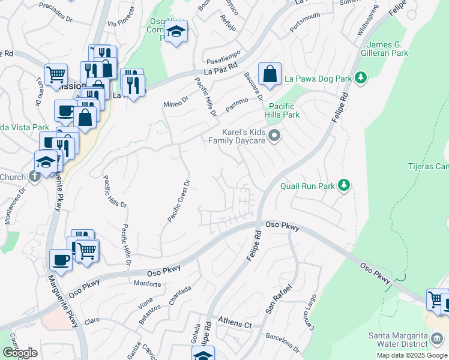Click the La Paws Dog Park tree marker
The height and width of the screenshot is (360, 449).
tap(360, 77)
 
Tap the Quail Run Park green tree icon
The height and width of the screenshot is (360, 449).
tap(344, 185)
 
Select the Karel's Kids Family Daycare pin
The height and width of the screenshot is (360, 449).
tap(275, 136)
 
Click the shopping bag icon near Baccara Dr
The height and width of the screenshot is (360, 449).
tap(270, 74)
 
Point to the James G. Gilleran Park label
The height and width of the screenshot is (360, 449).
tap(387, 49)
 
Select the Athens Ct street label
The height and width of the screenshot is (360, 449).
tap(234, 323)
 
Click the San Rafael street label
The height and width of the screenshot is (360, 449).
tap(279, 300)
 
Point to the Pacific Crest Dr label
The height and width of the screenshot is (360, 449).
tap(179, 201)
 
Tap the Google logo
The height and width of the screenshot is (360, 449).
tap(19, 353)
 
